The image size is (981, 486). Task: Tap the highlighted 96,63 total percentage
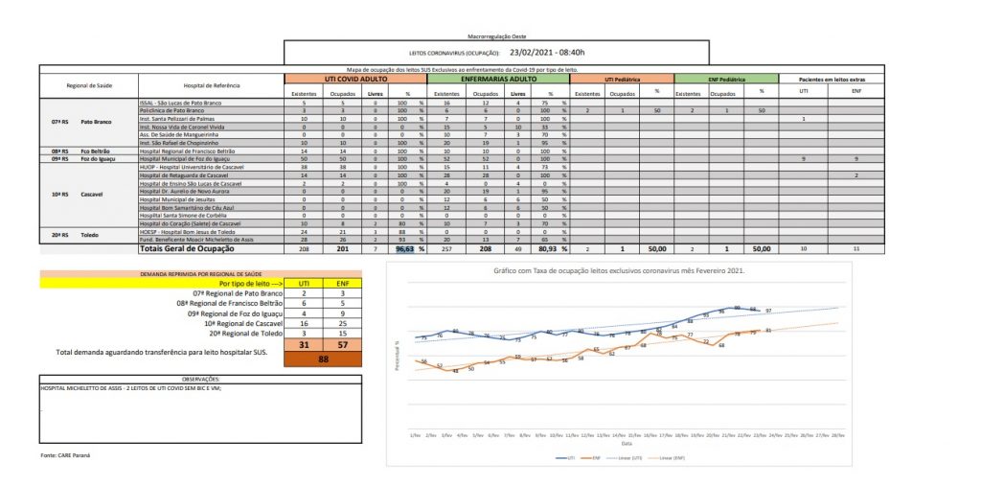click(404, 248)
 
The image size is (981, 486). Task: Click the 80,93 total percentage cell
click(546, 248)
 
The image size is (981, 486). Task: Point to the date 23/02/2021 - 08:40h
click(547, 52)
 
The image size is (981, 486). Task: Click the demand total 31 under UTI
click(303, 344)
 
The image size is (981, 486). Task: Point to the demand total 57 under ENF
click(341, 344)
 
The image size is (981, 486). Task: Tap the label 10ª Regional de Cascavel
click(239, 323)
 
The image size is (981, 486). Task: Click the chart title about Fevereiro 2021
click(619, 271)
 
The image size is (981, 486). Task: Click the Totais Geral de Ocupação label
click(187, 248)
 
